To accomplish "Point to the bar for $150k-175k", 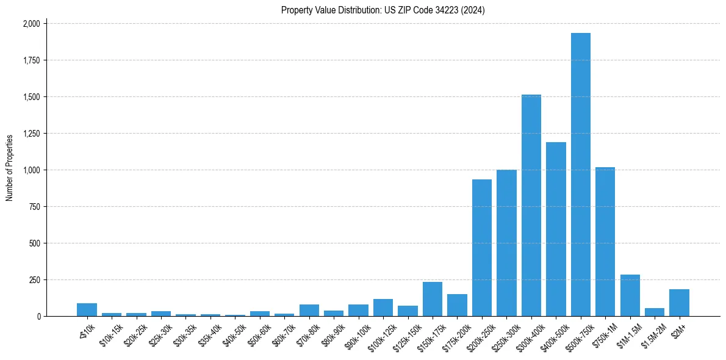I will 432,299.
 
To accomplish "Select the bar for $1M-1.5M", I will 630,295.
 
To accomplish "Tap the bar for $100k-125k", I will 383,308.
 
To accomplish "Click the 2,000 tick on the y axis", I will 31,24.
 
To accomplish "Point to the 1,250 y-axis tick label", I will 31,134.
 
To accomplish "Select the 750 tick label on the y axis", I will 34,207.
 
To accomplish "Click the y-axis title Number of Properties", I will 10,168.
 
